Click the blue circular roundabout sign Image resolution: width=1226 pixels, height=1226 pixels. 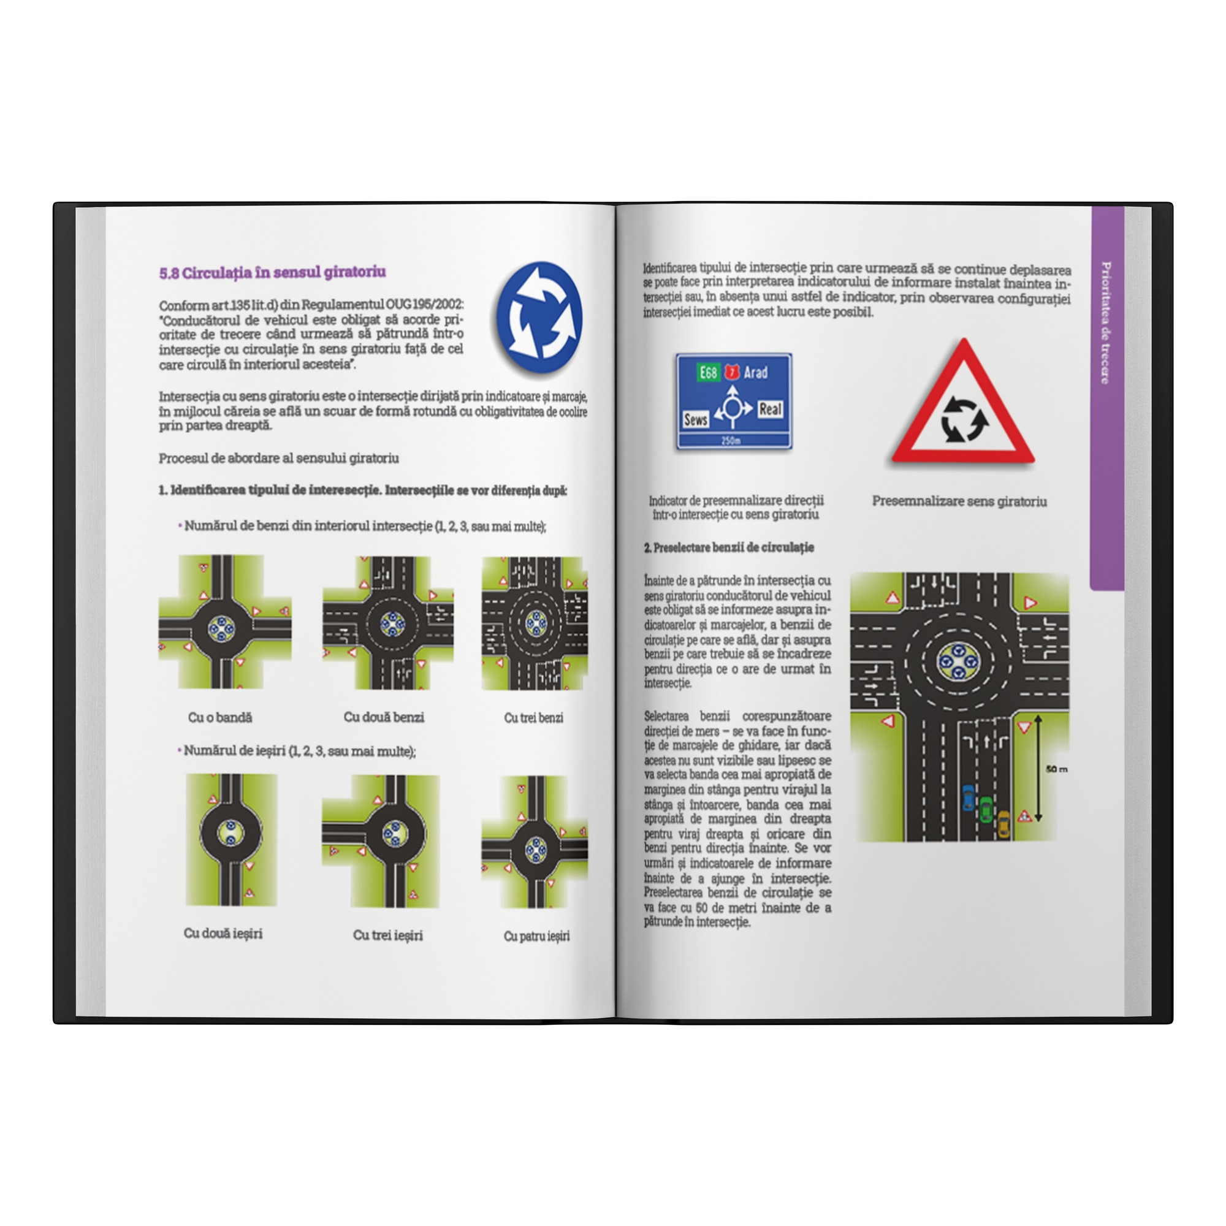point(539,317)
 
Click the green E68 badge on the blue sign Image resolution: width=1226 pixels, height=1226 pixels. point(707,373)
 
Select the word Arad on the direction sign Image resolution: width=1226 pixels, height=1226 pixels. point(755,373)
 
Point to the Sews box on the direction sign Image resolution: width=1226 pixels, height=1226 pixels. point(696,419)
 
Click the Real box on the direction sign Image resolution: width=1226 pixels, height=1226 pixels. point(770,409)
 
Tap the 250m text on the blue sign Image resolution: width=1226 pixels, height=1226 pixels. point(731,440)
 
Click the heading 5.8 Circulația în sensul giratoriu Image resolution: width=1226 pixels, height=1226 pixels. point(272,273)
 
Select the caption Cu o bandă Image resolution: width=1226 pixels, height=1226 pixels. point(220,718)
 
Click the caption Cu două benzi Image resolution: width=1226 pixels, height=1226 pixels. point(384,717)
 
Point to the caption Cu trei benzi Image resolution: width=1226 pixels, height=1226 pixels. point(534,718)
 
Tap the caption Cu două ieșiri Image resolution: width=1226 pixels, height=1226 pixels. point(223,934)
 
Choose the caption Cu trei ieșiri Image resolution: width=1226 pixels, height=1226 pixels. point(388,935)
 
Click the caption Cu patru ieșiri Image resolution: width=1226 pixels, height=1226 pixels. point(537,936)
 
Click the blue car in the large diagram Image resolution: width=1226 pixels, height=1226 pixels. point(968,798)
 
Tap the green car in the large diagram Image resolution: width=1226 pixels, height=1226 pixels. point(985,810)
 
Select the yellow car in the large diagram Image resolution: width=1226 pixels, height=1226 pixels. point(1003,824)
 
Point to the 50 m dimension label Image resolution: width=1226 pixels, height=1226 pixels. point(1057,769)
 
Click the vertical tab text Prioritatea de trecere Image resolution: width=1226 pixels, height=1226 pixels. point(1105,323)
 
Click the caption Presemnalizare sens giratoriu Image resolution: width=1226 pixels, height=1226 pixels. point(959,501)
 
